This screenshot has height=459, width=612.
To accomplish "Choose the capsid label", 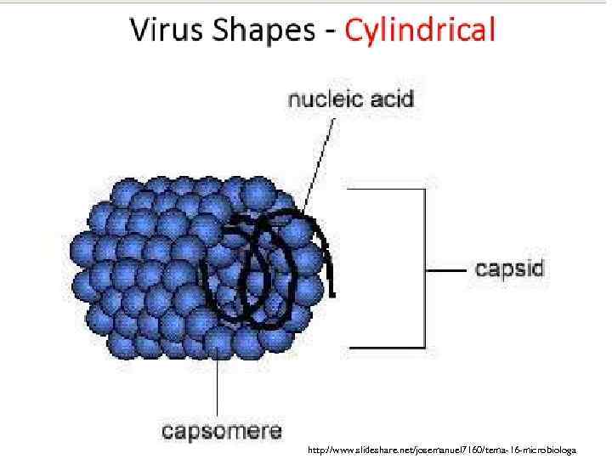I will pyautogui.click(x=508, y=270).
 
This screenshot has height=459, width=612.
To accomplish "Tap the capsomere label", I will pyautogui.click(x=223, y=430).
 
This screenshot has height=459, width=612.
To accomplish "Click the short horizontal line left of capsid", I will pyautogui.click(x=445, y=270).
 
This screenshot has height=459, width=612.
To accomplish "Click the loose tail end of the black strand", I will pyautogui.click(x=331, y=289).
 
